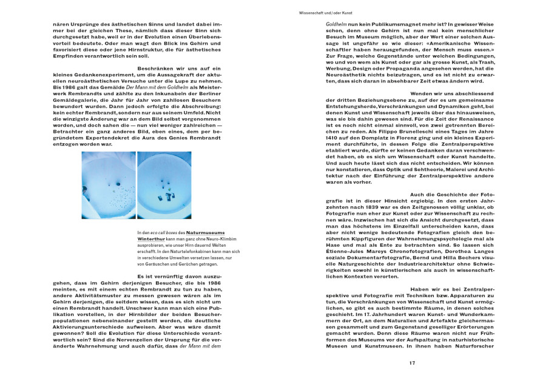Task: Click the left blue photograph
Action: pos(109,185)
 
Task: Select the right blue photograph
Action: pos(164,185)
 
